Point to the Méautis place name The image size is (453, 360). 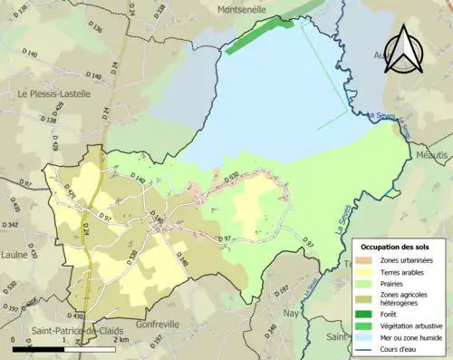432,155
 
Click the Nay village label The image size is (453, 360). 291,313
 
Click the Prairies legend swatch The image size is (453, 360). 370,283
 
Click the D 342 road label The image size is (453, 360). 11,224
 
